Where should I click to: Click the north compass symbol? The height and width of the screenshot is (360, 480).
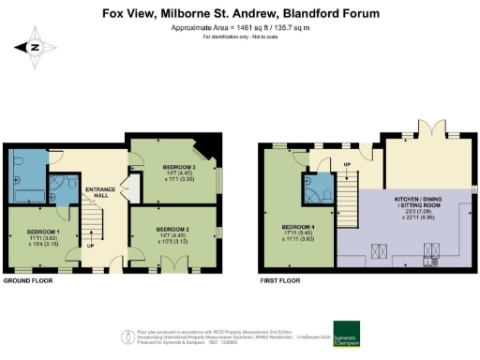pos(35,47)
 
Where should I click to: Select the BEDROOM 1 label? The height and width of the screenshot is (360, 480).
pos(43,233)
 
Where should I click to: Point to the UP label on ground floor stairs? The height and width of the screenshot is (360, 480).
pos(89,247)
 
